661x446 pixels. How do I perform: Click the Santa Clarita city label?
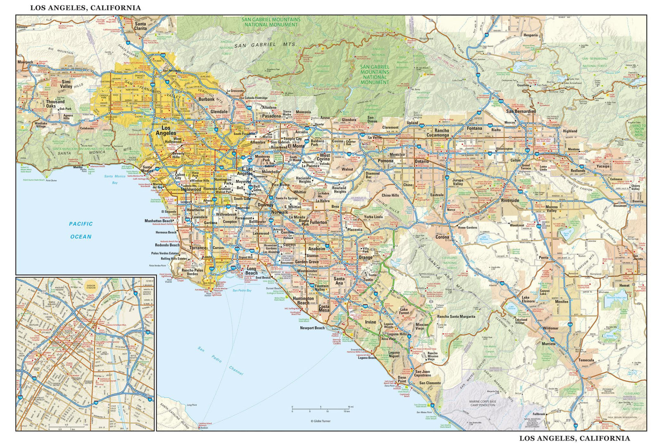[x=140, y=26]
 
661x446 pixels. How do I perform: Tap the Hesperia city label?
[x=530, y=35]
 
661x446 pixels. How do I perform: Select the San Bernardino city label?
[x=521, y=111]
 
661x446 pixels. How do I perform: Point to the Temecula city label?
[x=586, y=360]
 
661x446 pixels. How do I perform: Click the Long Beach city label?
[x=251, y=271]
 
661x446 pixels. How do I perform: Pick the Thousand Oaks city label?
[x=55, y=104]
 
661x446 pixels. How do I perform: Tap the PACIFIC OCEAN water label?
[x=81, y=230]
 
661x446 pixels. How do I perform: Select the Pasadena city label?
[x=271, y=116]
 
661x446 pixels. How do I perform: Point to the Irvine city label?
[x=371, y=322]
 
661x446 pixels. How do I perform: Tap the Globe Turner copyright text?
[x=321, y=421]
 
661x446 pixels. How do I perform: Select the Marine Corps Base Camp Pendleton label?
[x=483, y=403]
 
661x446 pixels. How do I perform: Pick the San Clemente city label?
[x=430, y=383]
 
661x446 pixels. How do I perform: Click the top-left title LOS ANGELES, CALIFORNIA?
[x=86, y=8]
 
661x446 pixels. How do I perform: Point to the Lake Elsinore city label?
[x=528, y=299]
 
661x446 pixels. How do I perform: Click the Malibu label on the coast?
[x=78, y=167]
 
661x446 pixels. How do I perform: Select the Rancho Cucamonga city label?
[x=437, y=133]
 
